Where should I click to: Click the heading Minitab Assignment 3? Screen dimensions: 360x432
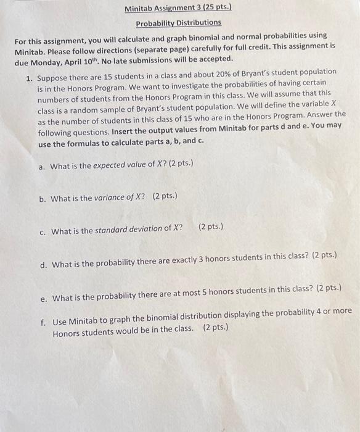[x=160, y=9]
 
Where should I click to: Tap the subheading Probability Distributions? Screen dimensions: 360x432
[x=178, y=22]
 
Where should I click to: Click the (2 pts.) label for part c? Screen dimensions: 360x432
[x=211, y=226]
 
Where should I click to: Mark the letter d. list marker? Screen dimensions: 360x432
[x=43, y=265]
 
